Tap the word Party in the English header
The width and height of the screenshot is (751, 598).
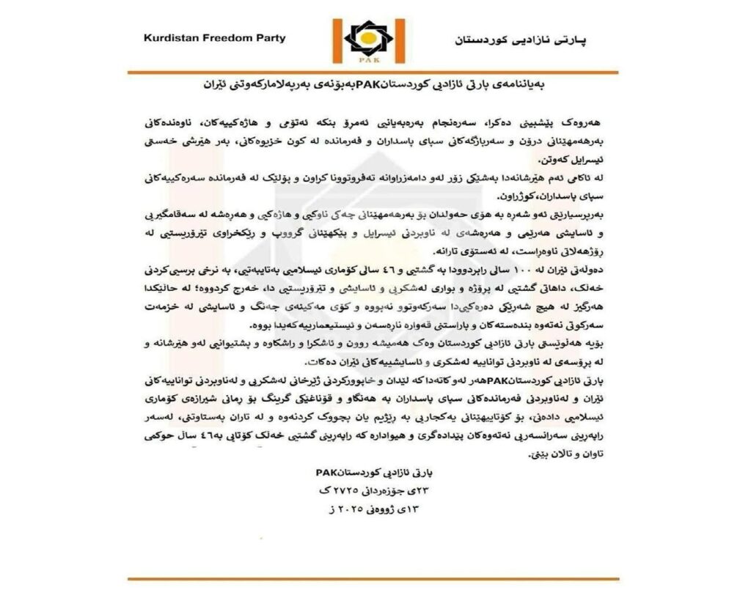coord(268,37)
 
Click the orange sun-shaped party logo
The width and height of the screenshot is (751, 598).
coord(375,36)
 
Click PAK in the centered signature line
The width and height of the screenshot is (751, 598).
coord(326,473)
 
